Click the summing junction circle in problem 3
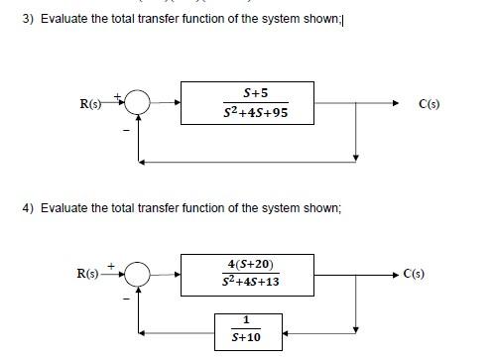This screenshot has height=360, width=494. coord(139,102)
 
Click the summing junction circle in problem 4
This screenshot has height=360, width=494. coord(138,273)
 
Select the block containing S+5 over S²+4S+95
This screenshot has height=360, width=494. coord(254,103)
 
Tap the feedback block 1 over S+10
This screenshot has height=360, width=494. coord(248,329)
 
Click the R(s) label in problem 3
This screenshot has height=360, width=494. coord(94,103)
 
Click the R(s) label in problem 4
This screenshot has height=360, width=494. coord(90,273)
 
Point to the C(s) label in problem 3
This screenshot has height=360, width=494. coord(429,103)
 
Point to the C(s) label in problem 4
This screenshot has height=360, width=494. coord(414,273)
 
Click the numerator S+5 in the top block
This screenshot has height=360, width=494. coord(255,93)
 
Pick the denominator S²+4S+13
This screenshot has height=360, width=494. coord(251,283)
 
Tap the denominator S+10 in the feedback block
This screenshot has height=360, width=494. coord(247,338)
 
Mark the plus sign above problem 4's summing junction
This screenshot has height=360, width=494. coord(112,264)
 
